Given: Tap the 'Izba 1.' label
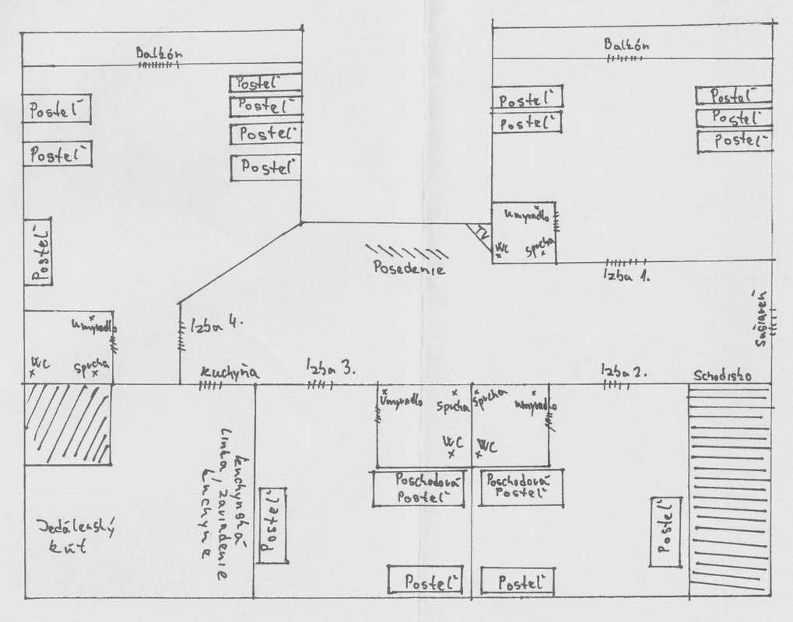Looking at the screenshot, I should pos(626,274).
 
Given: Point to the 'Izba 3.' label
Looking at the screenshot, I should pos(331,367).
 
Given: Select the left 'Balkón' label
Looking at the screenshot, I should pos(159,54).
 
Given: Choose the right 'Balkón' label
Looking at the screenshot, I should pos(626,45).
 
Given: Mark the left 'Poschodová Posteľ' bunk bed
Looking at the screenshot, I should pos(419,488).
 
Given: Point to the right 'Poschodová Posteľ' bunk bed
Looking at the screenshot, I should pos(520,487).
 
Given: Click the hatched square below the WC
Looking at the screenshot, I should pos(68,425).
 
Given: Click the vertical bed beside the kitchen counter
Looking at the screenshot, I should pos(272,526).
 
